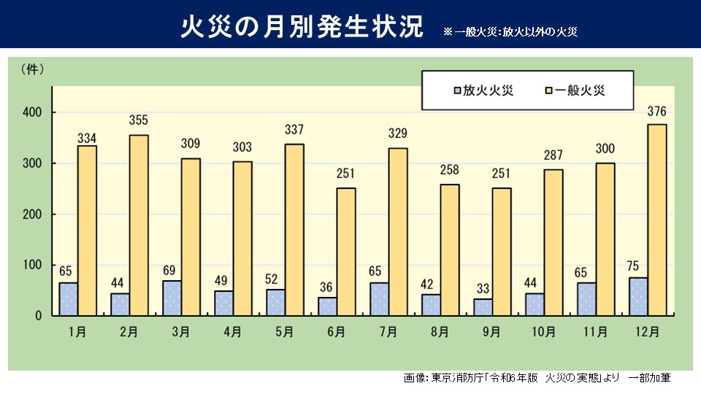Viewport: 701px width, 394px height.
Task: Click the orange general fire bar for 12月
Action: tap(657, 220)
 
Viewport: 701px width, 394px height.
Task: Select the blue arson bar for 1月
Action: tap(68, 299)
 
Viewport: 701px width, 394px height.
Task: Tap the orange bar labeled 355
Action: tap(139, 225)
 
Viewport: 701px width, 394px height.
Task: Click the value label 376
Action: tap(656, 112)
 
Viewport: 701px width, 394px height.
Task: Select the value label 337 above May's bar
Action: tap(294, 131)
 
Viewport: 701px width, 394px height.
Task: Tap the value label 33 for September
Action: tap(483, 286)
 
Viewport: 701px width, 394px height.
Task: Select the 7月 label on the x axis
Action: tap(388, 332)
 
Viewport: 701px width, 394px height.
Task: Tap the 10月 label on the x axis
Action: tap(543, 332)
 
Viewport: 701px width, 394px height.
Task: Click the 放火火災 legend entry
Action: tap(481, 90)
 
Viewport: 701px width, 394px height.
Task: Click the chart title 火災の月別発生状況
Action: tap(302, 26)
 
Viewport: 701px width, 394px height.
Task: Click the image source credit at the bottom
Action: tap(537, 378)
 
